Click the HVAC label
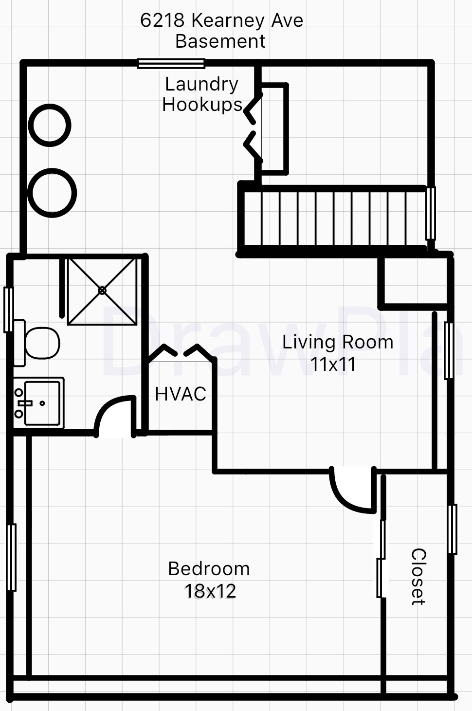click(181, 394)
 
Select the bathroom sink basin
click(42, 403)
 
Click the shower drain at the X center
click(102, 291)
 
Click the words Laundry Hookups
click(202, 94)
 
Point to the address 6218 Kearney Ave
click(221, 20)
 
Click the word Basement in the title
click(220, 41)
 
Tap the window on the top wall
click(171, 63)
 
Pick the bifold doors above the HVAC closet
click(181, 353)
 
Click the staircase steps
click(334, 219)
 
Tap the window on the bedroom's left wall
click(11, 557)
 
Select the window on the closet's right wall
click(453, 529)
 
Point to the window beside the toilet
click(9, 310)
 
